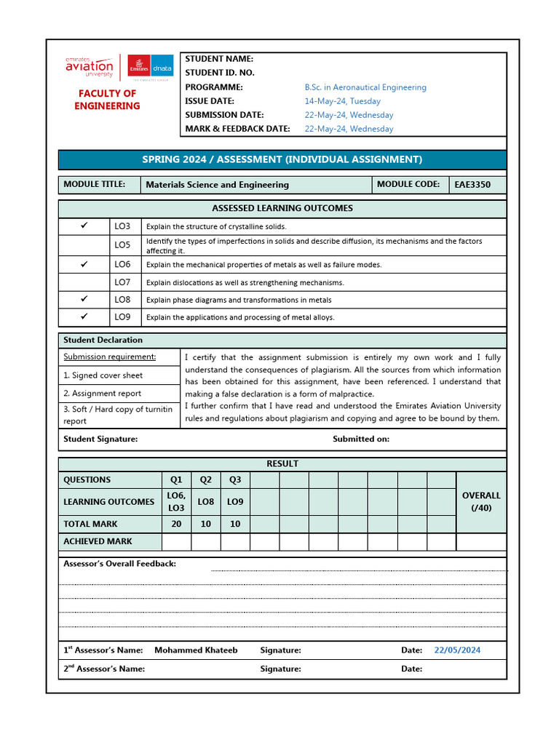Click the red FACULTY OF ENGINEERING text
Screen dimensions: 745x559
(x=107, y=100)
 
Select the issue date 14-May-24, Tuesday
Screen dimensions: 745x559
(x=342, y=101)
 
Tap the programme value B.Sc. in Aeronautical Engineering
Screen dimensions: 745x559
(x=365, y=87)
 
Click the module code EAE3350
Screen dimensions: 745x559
(x=472, y=185)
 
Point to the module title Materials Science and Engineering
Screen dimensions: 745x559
(x=217, y=185)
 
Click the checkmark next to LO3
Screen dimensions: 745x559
(x=84, y=226)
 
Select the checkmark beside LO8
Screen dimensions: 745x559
(x=84, y=299)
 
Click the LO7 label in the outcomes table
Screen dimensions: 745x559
(x=122, y=282)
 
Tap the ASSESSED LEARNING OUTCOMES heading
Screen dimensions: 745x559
(x=282, y=208)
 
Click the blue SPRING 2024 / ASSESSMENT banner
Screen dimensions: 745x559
(x=282, y=159)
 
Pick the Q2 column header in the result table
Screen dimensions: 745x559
(x=206, y=479)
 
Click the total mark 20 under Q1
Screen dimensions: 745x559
(x=176, y=524)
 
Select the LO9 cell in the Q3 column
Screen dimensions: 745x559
(x=235, y=501)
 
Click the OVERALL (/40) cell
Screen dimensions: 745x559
(x=481, y=501)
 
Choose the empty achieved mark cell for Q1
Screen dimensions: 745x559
(x=176, y=541)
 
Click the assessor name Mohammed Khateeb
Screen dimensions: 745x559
(x=196, y=650)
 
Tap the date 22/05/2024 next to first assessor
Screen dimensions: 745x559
(x=457, y=650)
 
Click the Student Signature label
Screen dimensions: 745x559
(x=100, y=439)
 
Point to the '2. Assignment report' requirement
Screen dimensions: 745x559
(x=103, y=394)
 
